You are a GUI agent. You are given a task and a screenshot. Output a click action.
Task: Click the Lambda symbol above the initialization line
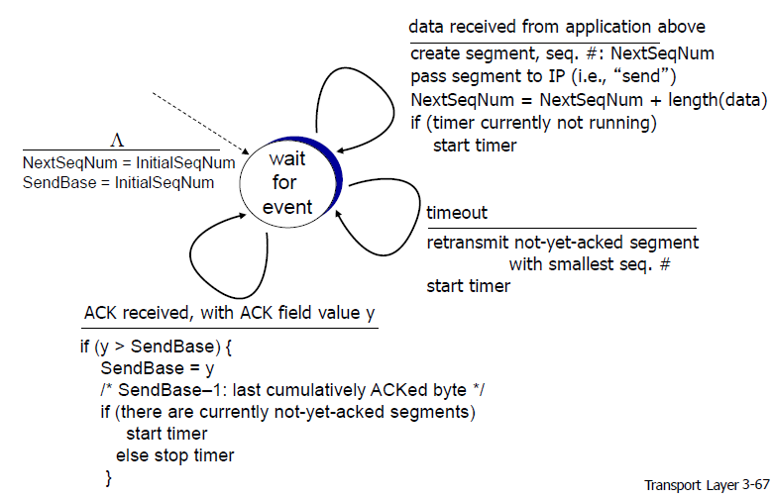click(x=117, y=141)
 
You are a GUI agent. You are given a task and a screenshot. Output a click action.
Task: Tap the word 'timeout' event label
click(x=457, y=213)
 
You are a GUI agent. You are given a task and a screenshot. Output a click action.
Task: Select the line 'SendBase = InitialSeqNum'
click(x=119, y=183)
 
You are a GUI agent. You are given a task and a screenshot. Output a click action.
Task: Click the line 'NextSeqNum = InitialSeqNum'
click(x=129, y=162)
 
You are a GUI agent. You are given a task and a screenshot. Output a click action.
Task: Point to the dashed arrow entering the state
click(x=200, y=123)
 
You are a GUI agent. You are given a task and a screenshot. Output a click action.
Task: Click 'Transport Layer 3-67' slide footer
click(x=707, y=485)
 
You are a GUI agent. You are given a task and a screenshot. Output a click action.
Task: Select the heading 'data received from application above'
click(x=557, y=27)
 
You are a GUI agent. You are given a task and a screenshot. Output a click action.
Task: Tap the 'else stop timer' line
click(x=175, y=455)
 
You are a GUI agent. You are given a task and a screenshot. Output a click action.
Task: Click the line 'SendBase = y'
click(x=158, y=368)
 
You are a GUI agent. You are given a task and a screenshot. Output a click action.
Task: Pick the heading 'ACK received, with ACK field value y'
click(x=230, y=313)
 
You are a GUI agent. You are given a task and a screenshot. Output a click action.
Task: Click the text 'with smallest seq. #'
click(x=590, y=264)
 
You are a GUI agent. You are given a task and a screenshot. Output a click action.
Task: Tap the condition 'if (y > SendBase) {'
click(x=156, y=347)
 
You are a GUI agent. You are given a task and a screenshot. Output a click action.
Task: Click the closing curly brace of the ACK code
click(x=109, y=477)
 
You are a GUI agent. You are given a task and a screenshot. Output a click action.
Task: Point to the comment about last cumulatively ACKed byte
click(x=292, y=390)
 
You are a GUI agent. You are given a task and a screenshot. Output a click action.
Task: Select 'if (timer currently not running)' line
click(x=533, y=123)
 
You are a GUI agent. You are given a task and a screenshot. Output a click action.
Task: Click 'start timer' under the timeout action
click(x=469, y=286)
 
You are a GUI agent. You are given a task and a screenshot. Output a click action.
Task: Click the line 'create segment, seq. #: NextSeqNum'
click(x=563, y=53)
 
